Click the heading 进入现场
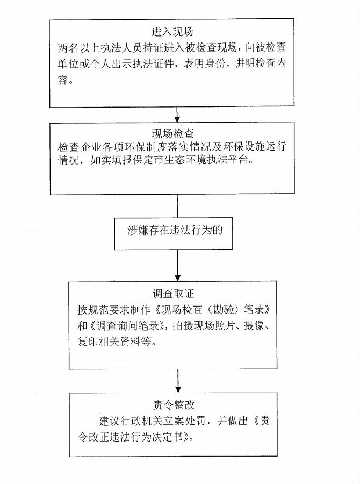click(172, 32)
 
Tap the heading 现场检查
click(173, 134)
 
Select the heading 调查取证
click(174, 293)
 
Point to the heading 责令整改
click(174, 404)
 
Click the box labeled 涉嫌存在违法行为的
click(174, 234)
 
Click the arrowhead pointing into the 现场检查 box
click(177, 119)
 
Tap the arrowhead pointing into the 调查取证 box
click(178, 277)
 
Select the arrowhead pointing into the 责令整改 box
click(178, 389)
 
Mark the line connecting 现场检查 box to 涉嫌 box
click(177, 206)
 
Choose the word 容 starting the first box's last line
click(63, 80)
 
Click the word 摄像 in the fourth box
click(254, 325)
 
